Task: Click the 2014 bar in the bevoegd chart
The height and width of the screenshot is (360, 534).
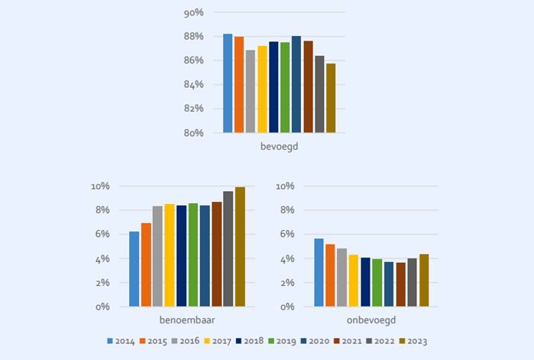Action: (x=228, y=83)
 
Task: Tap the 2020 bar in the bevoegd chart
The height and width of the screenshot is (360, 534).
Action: (x=296, y=84)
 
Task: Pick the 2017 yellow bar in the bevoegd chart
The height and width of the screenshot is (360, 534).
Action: (x=262, y=89)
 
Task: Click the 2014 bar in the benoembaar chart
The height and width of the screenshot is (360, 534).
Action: (x=134, y=268)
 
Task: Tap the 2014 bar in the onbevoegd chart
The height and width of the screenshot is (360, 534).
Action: (x=319, y=272)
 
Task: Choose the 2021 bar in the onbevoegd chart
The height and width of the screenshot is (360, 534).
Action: (x=401, y=284)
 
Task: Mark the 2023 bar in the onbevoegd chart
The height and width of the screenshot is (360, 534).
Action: (x=424, y=280)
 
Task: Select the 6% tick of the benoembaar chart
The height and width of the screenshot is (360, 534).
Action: (x=102, y=234)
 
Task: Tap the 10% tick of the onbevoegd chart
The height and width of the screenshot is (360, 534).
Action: (x=285, y=186)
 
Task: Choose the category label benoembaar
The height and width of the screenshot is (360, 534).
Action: (x=186, y=319)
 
